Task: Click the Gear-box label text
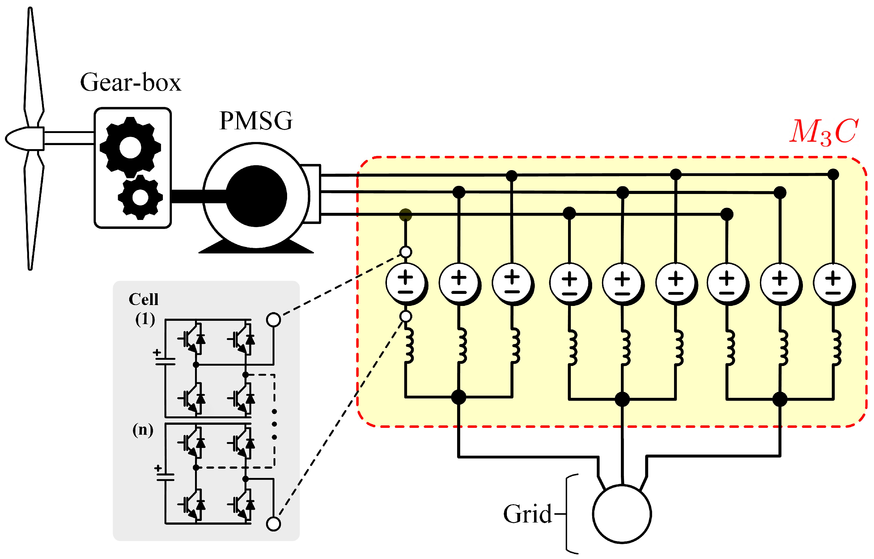point(131,83)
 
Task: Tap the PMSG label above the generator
point(256,121)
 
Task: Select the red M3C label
point(824,131)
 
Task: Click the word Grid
point(527,514)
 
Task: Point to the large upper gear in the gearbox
point(130,147)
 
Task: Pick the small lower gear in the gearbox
point(140,197)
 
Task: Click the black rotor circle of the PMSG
point(256,196)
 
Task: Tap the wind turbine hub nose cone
point(22,138)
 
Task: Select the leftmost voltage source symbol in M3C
point(405,283)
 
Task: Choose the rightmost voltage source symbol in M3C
point(833,283)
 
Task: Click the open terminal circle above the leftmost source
point(405,252)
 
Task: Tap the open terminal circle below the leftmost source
point(405,316)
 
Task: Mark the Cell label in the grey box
point(144,300)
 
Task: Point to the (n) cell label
point(143,430)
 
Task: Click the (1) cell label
point(145,319)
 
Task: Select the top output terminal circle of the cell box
point(273,320)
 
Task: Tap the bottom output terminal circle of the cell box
point(273,524)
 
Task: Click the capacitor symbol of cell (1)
point(165,361)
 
